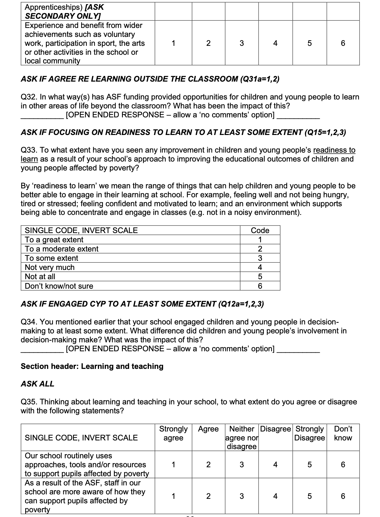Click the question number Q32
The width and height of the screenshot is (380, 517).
pyautogui.click(x=29, y=97)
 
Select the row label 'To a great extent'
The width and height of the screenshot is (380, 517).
pyautogui.click(x=54, y=240)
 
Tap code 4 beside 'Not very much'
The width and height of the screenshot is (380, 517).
pyautogui.click(x=260, y=267)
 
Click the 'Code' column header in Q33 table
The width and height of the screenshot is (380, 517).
pyautogui.click(x=260, y=231)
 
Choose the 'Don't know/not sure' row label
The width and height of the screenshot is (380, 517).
pyautogui.click(x=59, y=286)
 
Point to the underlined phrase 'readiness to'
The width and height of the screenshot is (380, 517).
pyautogui.click(x=334, y=150)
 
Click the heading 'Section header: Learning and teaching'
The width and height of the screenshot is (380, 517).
pyautogui.click(x=92, y=366)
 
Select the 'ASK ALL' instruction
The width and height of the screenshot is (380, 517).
pyautogui.click(x=37, y=384)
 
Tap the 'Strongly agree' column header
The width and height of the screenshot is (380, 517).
pyautogui.click(x=173, y=433)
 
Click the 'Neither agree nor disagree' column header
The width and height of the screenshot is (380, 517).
pyautogui.click(x=242, y=438)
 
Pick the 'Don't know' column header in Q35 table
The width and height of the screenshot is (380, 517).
pyautogui.click(x=343, y=433)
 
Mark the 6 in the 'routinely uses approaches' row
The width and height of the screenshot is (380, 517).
pyautogui.click(x=343, y=465)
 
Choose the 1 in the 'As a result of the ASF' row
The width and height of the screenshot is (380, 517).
pyautogui.click(x=173, y=496)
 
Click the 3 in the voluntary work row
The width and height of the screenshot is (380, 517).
pyautogui.click(x=242, y=43)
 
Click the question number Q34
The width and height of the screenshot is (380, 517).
pyautogui.click(x=29, y=322)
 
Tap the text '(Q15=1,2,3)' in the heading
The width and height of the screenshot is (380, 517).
pyautogui.click(x=325, y=132)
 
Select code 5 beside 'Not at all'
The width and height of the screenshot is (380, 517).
pyautogui.click(x=260, y=277)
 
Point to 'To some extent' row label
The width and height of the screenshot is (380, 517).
pyautogui.click(x=51, y=258)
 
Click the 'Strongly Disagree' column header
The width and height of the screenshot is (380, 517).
pyautogui.click(x=309, y=433)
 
